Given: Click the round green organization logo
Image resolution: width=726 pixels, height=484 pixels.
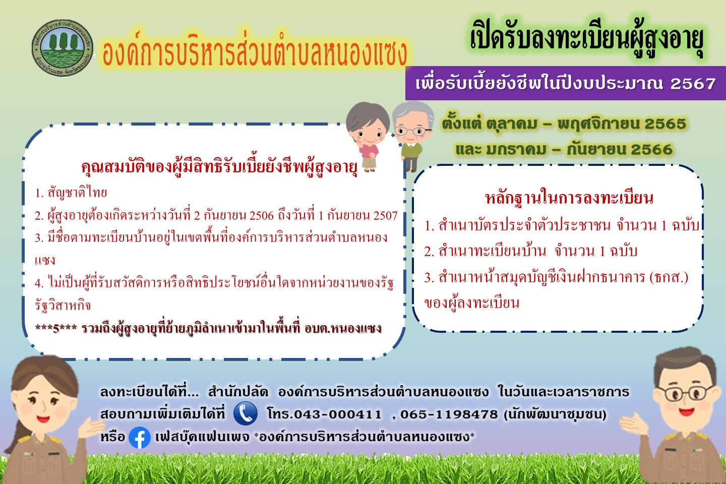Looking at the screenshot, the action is [62, 48].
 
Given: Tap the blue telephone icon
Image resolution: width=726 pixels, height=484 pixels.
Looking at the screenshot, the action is [246, 413].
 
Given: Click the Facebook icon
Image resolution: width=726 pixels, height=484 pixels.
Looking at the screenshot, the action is [140, 438].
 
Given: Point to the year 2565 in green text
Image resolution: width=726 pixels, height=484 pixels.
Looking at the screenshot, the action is [665, 124].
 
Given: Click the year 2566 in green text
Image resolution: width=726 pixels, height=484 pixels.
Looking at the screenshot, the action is [651, 149].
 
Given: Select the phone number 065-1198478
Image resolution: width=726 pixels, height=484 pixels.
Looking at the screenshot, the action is [449, 414].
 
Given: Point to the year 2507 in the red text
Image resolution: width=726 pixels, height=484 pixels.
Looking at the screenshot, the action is [385, 216].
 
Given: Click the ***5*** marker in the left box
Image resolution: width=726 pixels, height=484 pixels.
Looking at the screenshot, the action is [56, 328].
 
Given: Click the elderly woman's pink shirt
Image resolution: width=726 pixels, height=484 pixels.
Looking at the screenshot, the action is [370, 150].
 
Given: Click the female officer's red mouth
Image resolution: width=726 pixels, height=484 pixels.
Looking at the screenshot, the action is [43, 418].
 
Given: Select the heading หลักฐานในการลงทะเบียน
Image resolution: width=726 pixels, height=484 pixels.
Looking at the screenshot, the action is [569, 198].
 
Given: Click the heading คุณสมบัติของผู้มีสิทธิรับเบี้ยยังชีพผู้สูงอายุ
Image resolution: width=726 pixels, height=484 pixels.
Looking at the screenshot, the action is [219, 167].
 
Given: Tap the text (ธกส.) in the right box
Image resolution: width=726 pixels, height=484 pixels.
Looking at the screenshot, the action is [669, 277].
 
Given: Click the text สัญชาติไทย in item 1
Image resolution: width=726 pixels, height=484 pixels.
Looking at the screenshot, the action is [77, 193].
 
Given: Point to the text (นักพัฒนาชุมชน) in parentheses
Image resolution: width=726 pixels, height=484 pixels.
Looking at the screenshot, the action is [555, 414].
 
